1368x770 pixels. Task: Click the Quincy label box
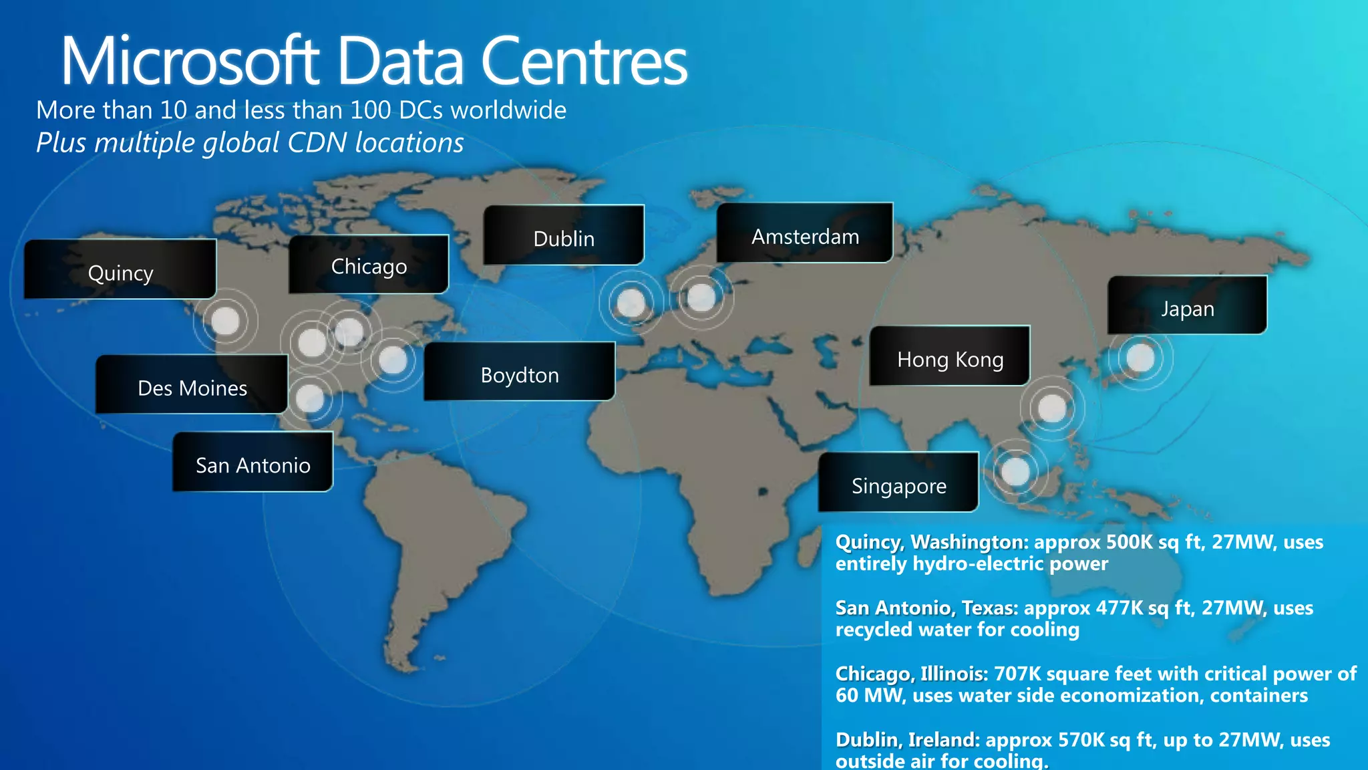(x=120, y=269)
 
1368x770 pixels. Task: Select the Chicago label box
(x=368, y=265)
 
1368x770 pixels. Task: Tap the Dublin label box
(x=563, y=235)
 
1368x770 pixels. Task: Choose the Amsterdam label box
(x=804, y=233)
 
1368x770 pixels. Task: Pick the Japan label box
(x=1186, y=305)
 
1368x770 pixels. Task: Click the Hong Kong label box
(x=949, y=356)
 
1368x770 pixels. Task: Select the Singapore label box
(x=898, y=483)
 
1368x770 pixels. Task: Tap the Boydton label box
(x=519, y=372)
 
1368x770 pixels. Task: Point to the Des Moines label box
(x=192, y=385)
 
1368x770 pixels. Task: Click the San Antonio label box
(x=252, y=462)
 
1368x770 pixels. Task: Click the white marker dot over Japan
(x=1140, y=358)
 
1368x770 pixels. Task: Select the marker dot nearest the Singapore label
(x=1015, y=472)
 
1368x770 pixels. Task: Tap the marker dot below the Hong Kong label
(x=1052, y=408)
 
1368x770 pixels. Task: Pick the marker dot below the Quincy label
(x=225, y=322)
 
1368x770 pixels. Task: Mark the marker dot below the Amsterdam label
(x=701, y=297)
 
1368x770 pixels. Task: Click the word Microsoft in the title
(x=190, y=61)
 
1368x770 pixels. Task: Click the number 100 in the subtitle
(x=371, y=110)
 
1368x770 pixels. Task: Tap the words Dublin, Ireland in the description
(x=907, y=740)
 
